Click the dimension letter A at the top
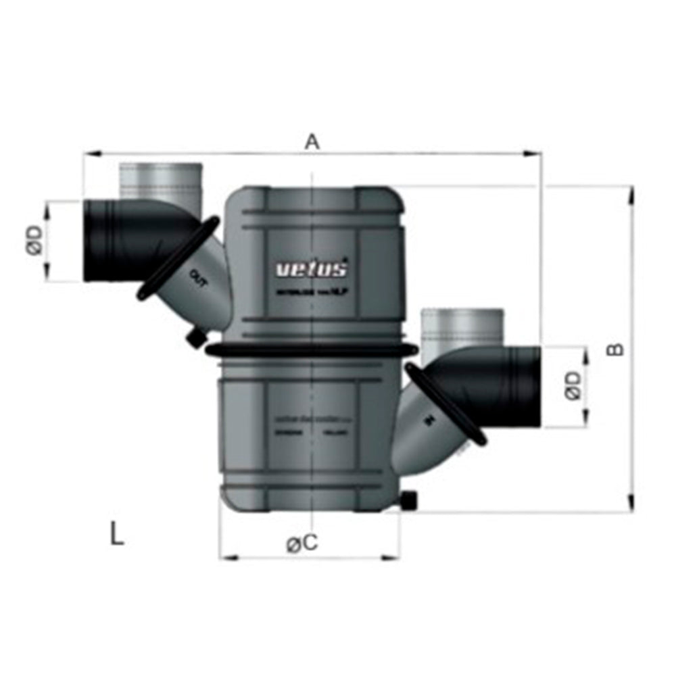(311, 142)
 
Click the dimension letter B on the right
(614, 349)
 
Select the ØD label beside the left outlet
(35, 240)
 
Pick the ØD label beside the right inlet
(573, 386)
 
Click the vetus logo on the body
(312, 269)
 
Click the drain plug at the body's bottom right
(408, 501)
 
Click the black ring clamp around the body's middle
(311, 349)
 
